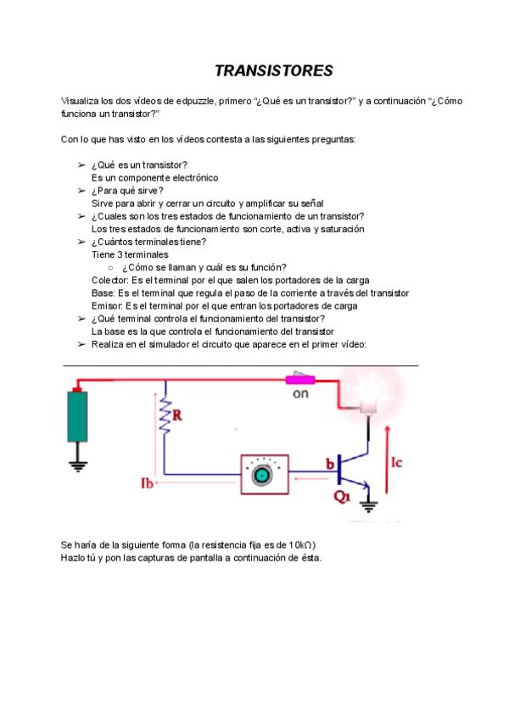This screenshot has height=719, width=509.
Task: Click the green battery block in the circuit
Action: [78, 416]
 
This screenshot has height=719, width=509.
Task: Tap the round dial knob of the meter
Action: [262, 476]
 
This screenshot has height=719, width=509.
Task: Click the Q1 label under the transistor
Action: [342, 498]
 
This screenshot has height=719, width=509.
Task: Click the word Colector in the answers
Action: [107, 281]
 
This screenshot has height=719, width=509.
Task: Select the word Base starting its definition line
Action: [103, 293]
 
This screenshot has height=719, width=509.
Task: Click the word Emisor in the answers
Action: [106, 306]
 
